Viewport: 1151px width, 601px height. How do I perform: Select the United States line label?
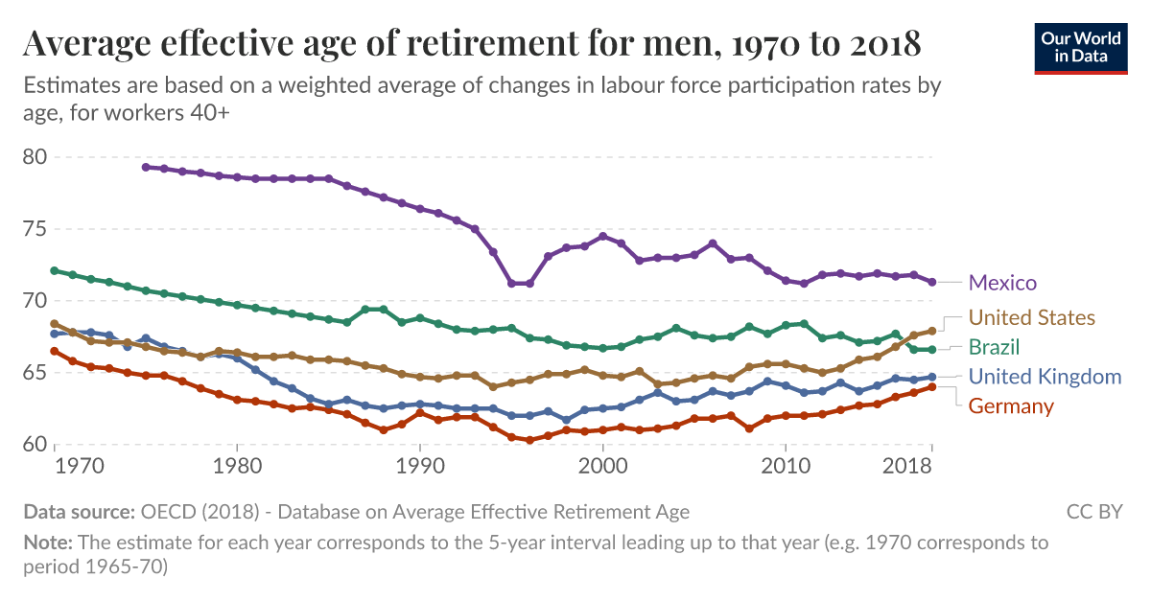pyautogui.click(x=1031, y=317)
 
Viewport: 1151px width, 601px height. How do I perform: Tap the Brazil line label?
pyautogui.click(x=994, y=347)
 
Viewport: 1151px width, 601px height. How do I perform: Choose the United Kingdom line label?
pyautogui.click(x=1045, y=377)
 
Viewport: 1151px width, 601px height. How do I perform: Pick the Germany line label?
pyautogui.click(x=1011, y=406)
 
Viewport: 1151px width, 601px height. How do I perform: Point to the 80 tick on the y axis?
pyautogui.click(x=36, y=156)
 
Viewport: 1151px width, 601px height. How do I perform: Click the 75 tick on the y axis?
pyautogui.click(x=36, y=229)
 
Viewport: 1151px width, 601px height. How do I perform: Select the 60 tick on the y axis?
pyautogui.click(x=36, y=444)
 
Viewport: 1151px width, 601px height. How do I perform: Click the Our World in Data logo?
pyautogui.click(x=1080, y=46)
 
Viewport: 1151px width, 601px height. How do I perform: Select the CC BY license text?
pyautogui.click(x=1093, y=512)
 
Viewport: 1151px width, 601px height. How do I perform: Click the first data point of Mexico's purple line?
pyautogui.click(x=146, y=167)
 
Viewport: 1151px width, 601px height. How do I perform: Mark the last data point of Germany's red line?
pyautogui.click(x=931, y=387)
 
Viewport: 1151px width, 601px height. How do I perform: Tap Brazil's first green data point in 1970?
pyautogui.click(x=55, y=270)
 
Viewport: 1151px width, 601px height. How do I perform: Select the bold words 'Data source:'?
pyautogui.click(x=80, y=512)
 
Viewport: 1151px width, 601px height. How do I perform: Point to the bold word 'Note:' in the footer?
pyautogui.click(x=48, y=543)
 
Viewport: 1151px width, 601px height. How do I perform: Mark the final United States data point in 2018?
pyautogui.click(x=931, y=331)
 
